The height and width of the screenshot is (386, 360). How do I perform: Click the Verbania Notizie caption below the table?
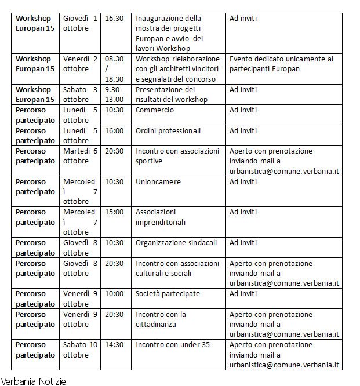(33, 381)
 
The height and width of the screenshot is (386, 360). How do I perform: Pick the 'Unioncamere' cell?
(158, 181)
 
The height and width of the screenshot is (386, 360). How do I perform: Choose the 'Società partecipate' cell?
(168, 294)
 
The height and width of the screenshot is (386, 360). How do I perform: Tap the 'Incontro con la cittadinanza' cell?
(161, 319)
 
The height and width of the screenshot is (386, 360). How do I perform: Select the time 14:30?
(114, 345)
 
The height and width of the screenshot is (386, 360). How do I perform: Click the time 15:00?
(114, 212)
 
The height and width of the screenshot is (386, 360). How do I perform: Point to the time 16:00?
(114, 130)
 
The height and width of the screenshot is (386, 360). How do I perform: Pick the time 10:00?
(114, 294)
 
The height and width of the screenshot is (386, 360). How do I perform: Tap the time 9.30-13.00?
(114, 94)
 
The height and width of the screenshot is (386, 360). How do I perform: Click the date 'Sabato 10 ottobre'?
(80, 349)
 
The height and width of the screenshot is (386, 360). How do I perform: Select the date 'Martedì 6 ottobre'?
(80, 156)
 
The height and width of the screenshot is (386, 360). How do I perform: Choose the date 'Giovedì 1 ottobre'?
(80, 23)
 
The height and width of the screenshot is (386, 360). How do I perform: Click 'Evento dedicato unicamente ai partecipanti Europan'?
(281, 64)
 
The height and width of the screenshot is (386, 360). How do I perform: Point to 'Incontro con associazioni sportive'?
(177, 156)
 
